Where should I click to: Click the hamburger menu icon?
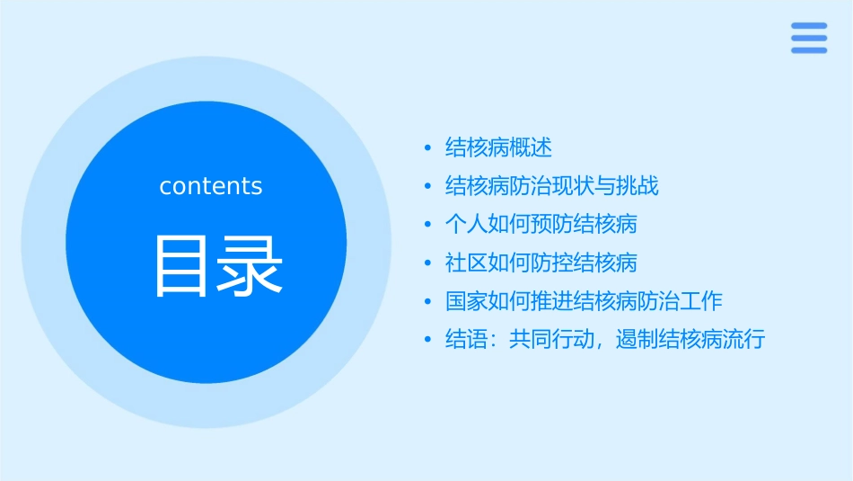click(x=809, y=38)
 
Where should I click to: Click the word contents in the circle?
click(x=211, y=186)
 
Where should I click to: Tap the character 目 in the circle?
click(x=181, y=266)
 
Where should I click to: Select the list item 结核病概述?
click(x=498, y=147)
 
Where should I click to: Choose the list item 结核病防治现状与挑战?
click(x=552, y=186)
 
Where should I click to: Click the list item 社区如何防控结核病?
click(x=541, y=263)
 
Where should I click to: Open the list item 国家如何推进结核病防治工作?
click(x=584, y=301)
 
